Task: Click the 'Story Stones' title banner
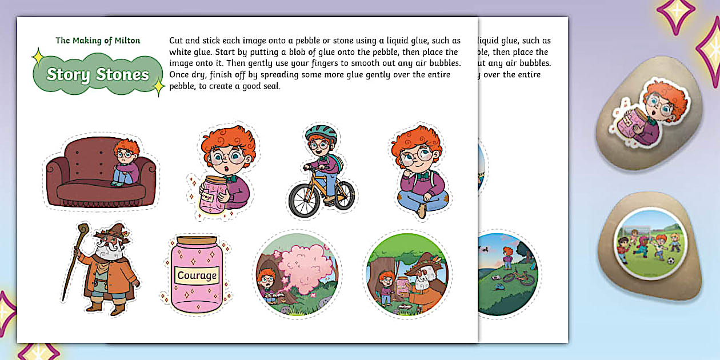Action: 98,74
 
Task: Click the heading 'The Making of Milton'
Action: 98,41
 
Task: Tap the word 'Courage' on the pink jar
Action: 197,275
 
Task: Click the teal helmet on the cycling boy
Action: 321,132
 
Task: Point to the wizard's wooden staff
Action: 75,261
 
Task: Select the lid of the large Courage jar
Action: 197,240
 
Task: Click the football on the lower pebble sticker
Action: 671,261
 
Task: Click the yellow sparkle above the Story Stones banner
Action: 38,57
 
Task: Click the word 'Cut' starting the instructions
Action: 176,41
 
